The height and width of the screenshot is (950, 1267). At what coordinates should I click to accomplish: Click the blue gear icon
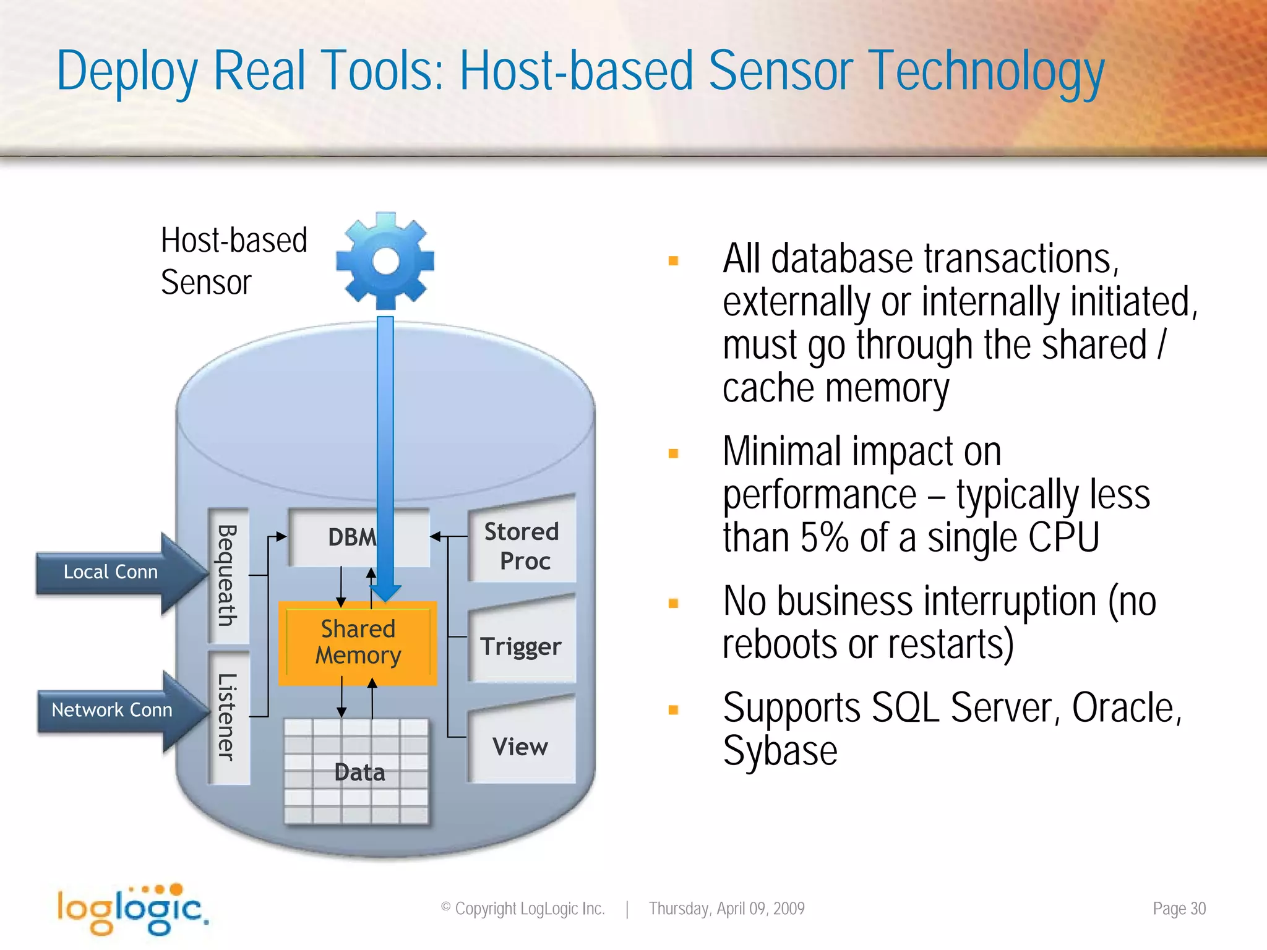coord(385,260)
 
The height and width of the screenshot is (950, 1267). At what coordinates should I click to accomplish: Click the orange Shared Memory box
coord(358,643)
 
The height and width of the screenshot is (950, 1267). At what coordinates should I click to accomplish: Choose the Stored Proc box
coord(522,546)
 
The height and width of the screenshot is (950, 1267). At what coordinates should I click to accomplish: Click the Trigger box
coord(521,646)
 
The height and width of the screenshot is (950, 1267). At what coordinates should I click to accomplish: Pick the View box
coord(521,747)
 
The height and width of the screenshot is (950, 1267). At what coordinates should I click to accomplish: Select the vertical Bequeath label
coord(228,575)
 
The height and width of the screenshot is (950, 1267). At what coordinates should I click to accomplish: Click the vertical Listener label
coord(228,717)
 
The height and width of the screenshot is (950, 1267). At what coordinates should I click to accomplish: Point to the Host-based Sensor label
coord(233,261)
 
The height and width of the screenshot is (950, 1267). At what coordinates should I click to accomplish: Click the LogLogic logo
coord(132,909)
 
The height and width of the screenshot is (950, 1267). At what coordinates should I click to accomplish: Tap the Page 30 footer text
coord(1179,909)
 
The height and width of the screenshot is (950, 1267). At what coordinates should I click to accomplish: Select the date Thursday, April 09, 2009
coord(726,909)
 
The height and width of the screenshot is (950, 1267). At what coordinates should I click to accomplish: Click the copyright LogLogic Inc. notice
coord(523,909)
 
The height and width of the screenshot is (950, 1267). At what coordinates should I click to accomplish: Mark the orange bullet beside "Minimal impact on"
coord(674,453)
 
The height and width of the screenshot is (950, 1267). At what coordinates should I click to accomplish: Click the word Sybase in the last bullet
coord(780,751)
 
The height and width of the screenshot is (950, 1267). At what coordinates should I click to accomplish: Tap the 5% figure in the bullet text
coord(824,537)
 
